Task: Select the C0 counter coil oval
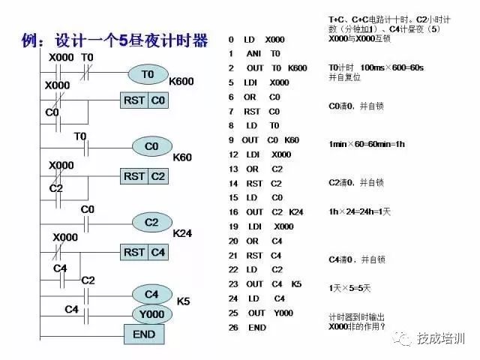[x=152, y=146]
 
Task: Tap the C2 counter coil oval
[x=152, y=222]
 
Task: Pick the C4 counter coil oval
[x=152, y=293]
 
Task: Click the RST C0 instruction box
[x=145, y=100]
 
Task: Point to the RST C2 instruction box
[x=145, y=175]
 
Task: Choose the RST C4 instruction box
[x=145, y=252]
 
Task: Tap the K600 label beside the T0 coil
[x=183, y=81]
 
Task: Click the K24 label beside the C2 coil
[x=182, y=233]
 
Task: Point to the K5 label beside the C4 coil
[x=183, y=301]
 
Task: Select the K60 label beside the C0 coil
[x=182, y=157]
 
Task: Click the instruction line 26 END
[x=248, y=328]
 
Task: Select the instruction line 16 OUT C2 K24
[x=266, y=212]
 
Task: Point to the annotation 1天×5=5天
[x=351, y=288]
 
